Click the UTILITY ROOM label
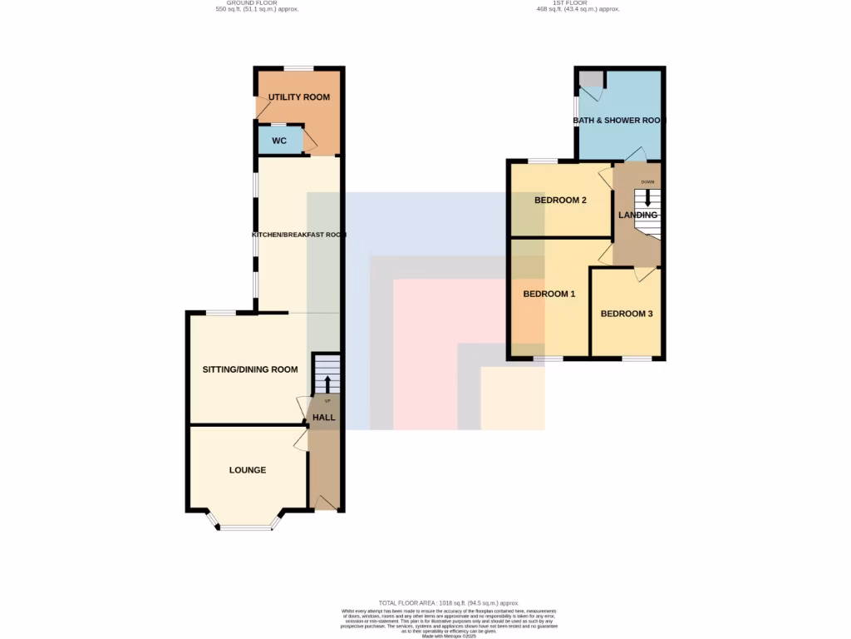299,97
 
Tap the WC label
279,141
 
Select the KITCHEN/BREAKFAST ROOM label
299,235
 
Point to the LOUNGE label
248,470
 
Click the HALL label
324,417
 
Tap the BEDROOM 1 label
549,294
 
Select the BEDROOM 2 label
561,201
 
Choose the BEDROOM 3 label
627,314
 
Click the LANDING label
637,215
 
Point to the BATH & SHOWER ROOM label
620,121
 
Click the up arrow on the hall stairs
327,384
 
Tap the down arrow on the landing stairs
648,199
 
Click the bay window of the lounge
245,526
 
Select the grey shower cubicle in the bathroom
591,80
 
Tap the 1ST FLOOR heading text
578,3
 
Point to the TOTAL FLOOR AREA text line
449,602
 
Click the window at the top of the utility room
298,68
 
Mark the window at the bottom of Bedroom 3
637,359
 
